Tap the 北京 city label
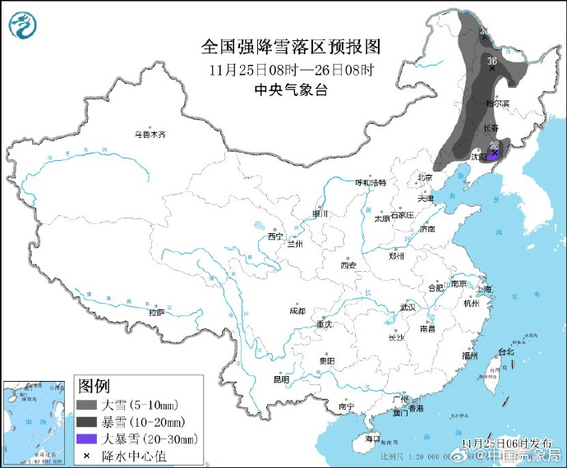coord(424,177)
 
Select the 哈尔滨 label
coord(497,103)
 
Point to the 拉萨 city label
coord(156,312)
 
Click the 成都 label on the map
coord(297,311)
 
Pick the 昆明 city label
coord(281,379)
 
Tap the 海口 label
coord(372,438)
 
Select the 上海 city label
coord(486,289)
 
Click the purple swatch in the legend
coord(86,438)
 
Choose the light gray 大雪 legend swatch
coord(86,406)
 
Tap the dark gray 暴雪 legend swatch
coord(86,422)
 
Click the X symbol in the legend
coord(86,454)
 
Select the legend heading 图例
coord(94,386)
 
